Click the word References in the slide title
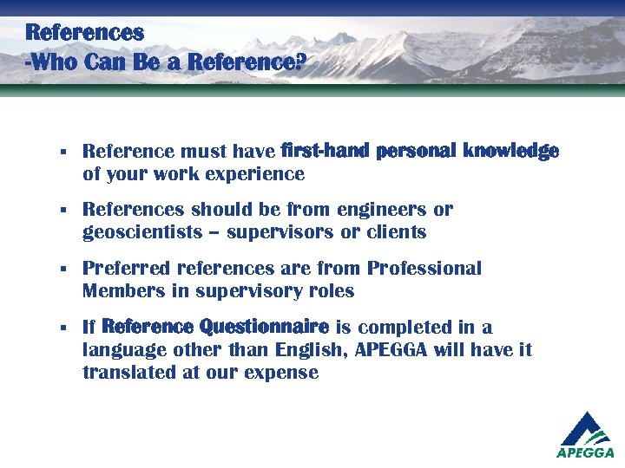pos(84,33)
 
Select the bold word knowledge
pos(510,152)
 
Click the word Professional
pos(424,269)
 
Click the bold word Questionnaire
pos(264,328)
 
